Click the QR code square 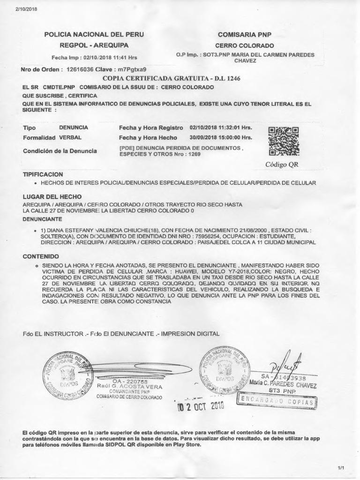click(284, 141)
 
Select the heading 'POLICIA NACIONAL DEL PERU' click(94, 35)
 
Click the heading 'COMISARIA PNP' click(245, 35)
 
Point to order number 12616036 click(78, 69)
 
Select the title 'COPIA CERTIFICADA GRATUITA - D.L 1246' click(171, 78)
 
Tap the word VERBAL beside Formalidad click(70, 138)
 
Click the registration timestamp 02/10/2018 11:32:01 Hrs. click(221, 127)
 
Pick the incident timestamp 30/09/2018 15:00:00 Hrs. click(221, 138)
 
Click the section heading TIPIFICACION click(43, 174)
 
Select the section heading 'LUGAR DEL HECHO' click(52, 197)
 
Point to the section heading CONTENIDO click(41, 256)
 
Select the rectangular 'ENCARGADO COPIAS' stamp click(277, 401)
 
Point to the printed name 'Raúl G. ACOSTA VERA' click(129, 386)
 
